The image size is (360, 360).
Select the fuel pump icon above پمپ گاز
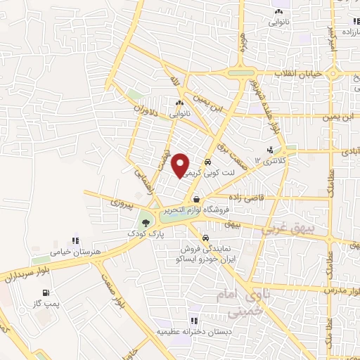click(x=46, y=293)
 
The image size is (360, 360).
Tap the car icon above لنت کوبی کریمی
click(x=207, y=161)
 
